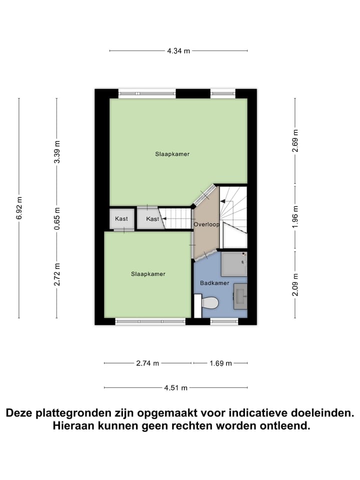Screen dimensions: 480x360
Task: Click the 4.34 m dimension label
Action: (x=178, y=50)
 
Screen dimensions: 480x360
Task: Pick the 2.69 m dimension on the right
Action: (x=295, y=138)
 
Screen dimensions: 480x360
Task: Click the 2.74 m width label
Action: (x=147, y=363)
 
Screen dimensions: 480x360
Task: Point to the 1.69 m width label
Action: (x=220, y=363)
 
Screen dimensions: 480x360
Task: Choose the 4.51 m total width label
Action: (x=176, y=387)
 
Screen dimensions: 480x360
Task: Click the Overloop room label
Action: (x=206, y=225)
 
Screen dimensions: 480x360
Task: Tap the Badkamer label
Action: (x=214, y=283)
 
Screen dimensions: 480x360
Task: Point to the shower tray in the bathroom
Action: (x=234, y=263)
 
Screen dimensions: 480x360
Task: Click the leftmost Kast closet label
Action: (x=121, y=219)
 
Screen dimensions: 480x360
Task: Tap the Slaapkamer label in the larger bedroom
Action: (x=172, y=154)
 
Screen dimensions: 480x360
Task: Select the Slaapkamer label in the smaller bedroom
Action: (x=148, y=274)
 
